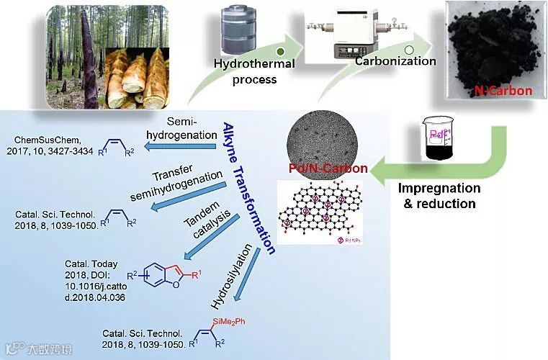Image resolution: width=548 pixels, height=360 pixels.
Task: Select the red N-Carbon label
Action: [x=503, y=91]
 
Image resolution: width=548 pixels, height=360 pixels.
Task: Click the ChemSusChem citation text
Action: [x=52, y=144]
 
